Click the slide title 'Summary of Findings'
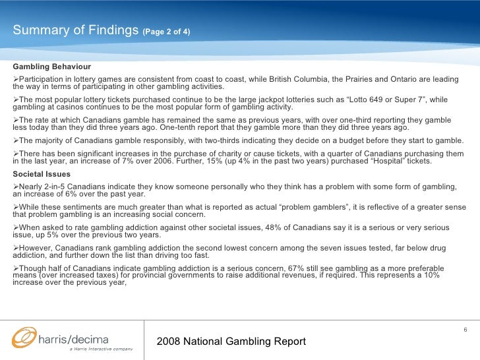[x=75, y=30]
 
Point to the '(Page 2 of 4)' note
[x=166, y=32]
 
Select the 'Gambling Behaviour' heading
[x=52, y=67]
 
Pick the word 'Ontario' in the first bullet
[x=417, y=80]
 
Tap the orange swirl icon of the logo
[x=25, y=338]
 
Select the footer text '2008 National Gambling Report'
[x=231, y=342]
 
